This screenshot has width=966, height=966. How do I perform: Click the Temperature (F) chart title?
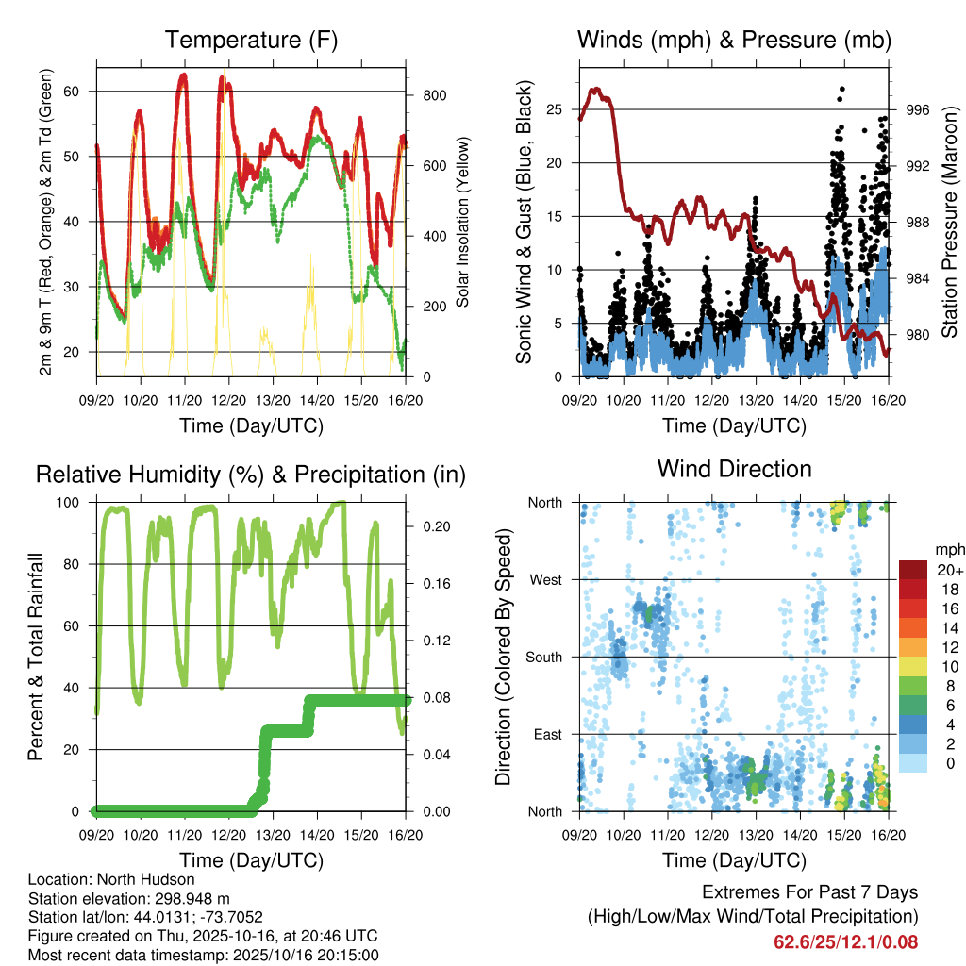pos(250,41)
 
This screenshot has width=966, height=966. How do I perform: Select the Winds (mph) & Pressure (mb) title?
pos(734,41)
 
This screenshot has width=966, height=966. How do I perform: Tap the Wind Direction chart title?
pos(734,469)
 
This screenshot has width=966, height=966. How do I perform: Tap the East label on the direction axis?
pos(547,734)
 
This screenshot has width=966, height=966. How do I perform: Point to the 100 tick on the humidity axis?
pos(75,502)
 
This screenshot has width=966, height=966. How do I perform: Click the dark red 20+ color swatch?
pos(914,570)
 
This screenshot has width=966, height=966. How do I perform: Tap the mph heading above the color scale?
pos(947,549)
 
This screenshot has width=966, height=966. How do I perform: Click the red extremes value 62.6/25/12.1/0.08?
pos(845,941)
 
